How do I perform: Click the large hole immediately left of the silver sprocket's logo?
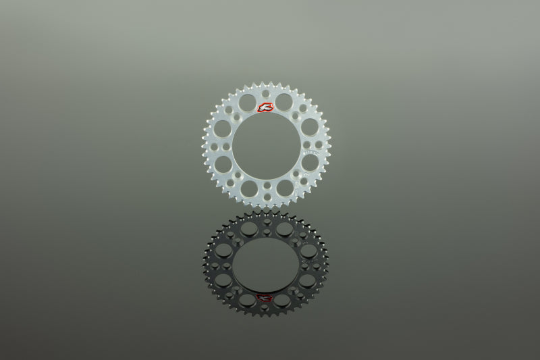[x=247, y=102]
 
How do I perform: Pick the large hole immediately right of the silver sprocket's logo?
[x=283, y=102]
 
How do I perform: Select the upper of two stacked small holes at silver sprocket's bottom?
[x=267, y=185]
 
